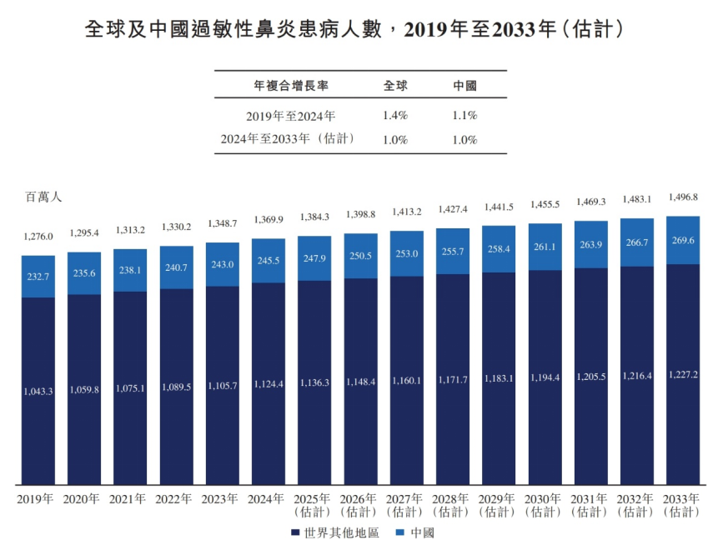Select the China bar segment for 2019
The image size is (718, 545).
click(38, 276)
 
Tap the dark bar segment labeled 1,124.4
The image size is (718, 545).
click(269, 384)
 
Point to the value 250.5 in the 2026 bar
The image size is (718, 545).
click(360, 256)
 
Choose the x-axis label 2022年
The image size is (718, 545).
click(176, 499)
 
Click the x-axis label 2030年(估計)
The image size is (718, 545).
click(545, 506)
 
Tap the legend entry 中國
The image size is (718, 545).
click(414, 532)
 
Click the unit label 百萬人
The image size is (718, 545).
click(43, 197)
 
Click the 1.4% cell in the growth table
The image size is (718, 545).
click(394, 115)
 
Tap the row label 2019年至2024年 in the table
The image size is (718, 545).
click(290, 116)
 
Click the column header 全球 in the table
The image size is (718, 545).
click(394, 86)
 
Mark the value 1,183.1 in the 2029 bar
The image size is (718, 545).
click(499, 378)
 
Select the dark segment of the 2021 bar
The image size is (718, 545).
click(130, 387)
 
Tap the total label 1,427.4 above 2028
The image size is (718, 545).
click(452, 209)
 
